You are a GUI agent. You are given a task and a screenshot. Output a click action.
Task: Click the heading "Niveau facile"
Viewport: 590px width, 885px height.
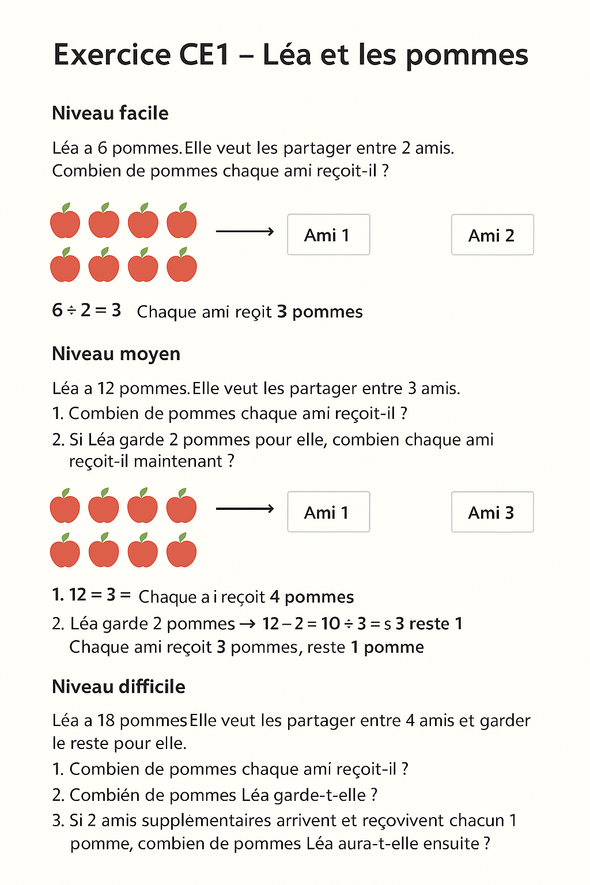(110, 113)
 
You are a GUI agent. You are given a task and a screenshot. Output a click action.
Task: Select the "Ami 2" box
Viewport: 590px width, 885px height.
(492, 235)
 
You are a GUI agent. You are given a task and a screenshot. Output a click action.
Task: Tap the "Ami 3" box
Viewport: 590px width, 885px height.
(492, 512)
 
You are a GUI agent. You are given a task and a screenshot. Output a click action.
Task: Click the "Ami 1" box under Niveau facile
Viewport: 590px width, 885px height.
(328, 235)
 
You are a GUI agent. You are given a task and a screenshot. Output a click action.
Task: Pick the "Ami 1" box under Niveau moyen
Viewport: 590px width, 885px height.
(328, 512)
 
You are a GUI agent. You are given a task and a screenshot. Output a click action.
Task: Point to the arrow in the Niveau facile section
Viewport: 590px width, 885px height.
(244, 232)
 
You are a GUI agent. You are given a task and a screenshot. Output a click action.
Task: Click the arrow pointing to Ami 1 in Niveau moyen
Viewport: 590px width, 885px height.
(244, 509)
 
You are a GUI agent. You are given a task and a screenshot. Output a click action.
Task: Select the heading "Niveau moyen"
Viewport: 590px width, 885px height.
(116, 354)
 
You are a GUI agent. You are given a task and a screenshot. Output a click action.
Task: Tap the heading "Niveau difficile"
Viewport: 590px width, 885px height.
(118, 687)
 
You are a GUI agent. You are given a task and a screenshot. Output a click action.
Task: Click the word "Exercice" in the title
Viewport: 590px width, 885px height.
(112, 55)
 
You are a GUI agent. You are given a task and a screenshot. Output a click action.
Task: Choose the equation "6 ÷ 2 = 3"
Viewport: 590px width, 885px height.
(86, 311)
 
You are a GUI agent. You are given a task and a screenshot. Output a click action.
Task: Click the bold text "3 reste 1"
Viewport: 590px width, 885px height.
(429, 624)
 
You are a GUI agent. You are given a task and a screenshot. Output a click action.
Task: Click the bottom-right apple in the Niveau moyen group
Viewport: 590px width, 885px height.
(181, 551)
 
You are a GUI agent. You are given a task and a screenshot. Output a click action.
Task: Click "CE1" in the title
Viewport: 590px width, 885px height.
(205, 55)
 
